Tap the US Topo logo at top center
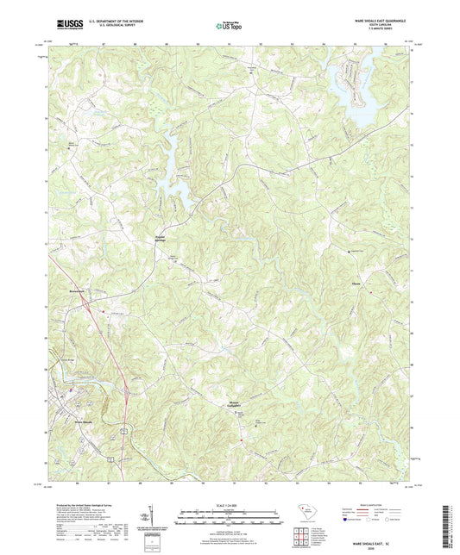coord(228,26)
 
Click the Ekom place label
coord(356,282)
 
